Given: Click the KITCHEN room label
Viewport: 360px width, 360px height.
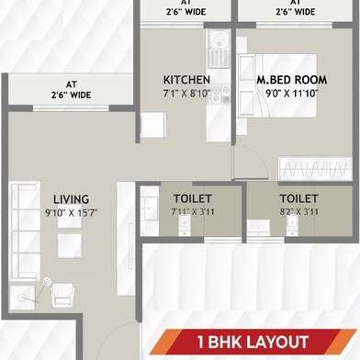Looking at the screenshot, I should (186, 79).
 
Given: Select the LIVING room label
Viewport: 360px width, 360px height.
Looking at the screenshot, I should (70, 197).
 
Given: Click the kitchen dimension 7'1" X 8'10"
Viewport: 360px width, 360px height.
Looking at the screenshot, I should (186, 93).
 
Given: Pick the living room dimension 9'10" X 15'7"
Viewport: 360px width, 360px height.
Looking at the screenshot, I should (70, 212).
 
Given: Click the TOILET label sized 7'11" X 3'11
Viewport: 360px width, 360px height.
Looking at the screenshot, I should (192, 198).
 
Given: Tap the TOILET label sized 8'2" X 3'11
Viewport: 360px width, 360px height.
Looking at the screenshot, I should (298, 198).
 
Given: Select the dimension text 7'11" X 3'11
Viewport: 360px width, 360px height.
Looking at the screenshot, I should (192, 212).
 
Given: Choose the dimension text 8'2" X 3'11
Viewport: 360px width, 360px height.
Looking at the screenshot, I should (298, 212).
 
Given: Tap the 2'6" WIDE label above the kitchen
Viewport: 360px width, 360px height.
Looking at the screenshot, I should (186, 11).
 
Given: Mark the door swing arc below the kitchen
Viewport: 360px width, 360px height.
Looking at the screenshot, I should (246, 161).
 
